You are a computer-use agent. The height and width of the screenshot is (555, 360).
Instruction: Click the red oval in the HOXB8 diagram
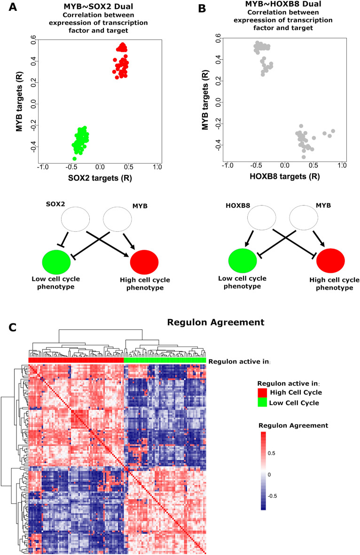point(331,261)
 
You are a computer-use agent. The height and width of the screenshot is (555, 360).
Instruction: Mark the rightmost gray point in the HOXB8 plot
point(333,131)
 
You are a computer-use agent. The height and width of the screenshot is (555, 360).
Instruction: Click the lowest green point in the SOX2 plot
point(75,158)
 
